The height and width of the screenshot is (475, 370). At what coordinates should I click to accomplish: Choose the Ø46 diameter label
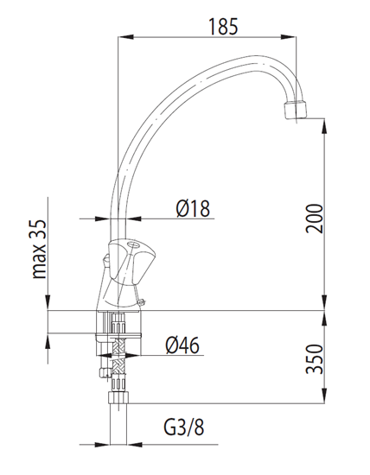(182, 345)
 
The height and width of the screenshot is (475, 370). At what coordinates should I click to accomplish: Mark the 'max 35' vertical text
(39, 251)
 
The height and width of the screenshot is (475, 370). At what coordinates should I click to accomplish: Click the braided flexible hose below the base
(118, 363)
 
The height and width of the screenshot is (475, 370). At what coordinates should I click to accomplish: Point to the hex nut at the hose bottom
(118, 398)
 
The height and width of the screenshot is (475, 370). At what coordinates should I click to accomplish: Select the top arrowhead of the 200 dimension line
(324, 123)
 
